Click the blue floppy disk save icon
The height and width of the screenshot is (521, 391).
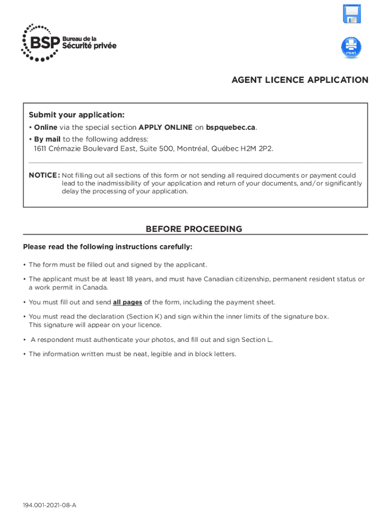coord(351,14)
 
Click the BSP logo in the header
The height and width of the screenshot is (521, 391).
coord(68,43)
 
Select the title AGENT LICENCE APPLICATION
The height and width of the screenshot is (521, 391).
coord(300,80)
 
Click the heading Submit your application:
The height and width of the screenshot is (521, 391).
coord(76,115)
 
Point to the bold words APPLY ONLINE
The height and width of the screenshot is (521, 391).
coord(165,127)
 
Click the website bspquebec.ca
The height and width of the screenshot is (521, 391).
coord(231,127)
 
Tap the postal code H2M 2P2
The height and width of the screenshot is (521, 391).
coord(258,149)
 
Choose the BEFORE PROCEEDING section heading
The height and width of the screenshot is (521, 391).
coord(194,229)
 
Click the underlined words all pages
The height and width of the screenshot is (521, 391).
coord(127,302)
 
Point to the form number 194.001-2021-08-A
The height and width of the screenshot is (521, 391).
coord(49,505)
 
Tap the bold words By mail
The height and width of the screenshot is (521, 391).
coord(47,139)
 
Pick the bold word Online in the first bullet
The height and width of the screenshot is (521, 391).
coord(46,127)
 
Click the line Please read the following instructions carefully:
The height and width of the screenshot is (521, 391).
coord(108,247)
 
